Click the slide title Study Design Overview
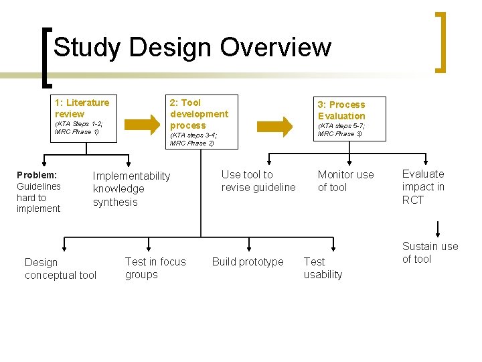pyautogui.click(x=192, y=48)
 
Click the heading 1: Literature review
pyautogui.click(x=82, y=108)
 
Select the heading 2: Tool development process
pyautogui.click(x=199, y=113)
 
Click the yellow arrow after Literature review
pyautogui.click(x=143, y=123)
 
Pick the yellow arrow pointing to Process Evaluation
pyautogui.click(x=275, y=125)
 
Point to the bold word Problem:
pyautogui.click(x=37, y=174)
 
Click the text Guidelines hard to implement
pyautogui.click(x=39, y=198)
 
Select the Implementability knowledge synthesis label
pyautogui.click(x=131, y=188)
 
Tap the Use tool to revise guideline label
pyautogui.click(x=258, y=181)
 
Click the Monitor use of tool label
pyautogui.click(x=345, y=181)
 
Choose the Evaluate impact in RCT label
pyautogui.click(x=423, y=186)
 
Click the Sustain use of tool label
pyautogui.click(x=430, y=253)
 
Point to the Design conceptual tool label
pyautogui.click(x=60, y=268)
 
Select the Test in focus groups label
pyautogui.click(x=155, y=267)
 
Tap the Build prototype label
pyautogui.click(x=248, y=261)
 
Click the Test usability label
pyautogui.click(x=323, y=267)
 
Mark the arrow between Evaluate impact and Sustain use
pyautogui.click(x=438, y=228)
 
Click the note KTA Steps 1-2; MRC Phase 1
pyautogui.click(x=78, y=127)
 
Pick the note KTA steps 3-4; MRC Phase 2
pyautogui.click(x=193, y=139)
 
